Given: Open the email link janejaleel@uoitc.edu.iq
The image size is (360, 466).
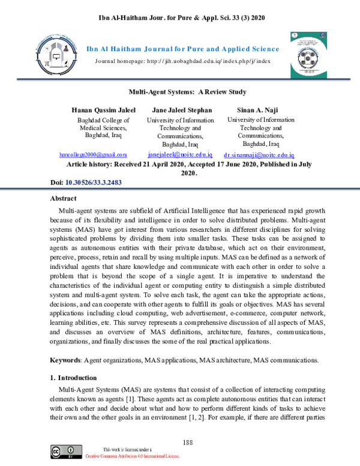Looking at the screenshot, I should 180,154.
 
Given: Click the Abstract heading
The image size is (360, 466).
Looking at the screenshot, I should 64,199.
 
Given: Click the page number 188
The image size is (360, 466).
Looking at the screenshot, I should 187,443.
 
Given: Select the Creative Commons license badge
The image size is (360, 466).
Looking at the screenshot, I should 66,452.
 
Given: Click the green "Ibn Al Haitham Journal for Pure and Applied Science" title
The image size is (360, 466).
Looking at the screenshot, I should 183,49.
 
